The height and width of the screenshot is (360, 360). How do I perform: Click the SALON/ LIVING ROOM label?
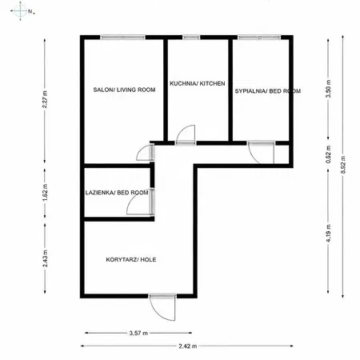(x=123, y=90)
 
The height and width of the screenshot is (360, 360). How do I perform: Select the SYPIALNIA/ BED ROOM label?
(x=268, y=92)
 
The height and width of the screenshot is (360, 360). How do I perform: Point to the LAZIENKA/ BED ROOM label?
(x=118, y=193)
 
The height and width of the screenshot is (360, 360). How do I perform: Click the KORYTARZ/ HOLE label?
(x=132, y=259)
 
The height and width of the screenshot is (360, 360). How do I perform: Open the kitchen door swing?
(x=186, y=134)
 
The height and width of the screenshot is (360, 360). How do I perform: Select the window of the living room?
(x=123, y=36)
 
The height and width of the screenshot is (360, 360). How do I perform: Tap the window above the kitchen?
(x=191, y=36)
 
